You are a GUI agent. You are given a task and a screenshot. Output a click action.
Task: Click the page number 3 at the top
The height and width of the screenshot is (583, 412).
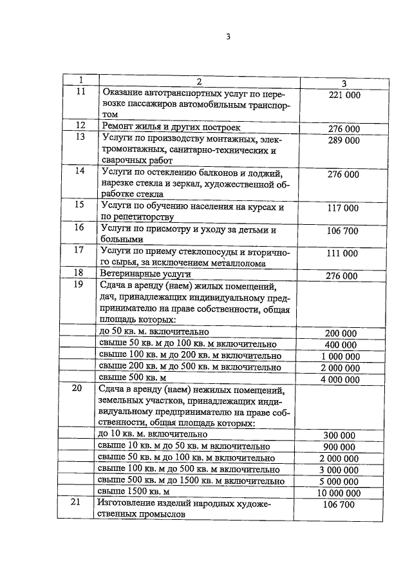pos(227,36)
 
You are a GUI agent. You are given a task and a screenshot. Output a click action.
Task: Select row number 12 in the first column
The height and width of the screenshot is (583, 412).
pos(80,125)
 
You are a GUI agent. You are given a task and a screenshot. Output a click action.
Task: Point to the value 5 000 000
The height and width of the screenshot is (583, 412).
pos(339,482)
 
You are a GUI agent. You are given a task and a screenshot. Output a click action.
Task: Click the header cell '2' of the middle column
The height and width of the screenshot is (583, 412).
pos(200,81)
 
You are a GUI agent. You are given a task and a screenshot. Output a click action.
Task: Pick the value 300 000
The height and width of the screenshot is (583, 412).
pos(339,435)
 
